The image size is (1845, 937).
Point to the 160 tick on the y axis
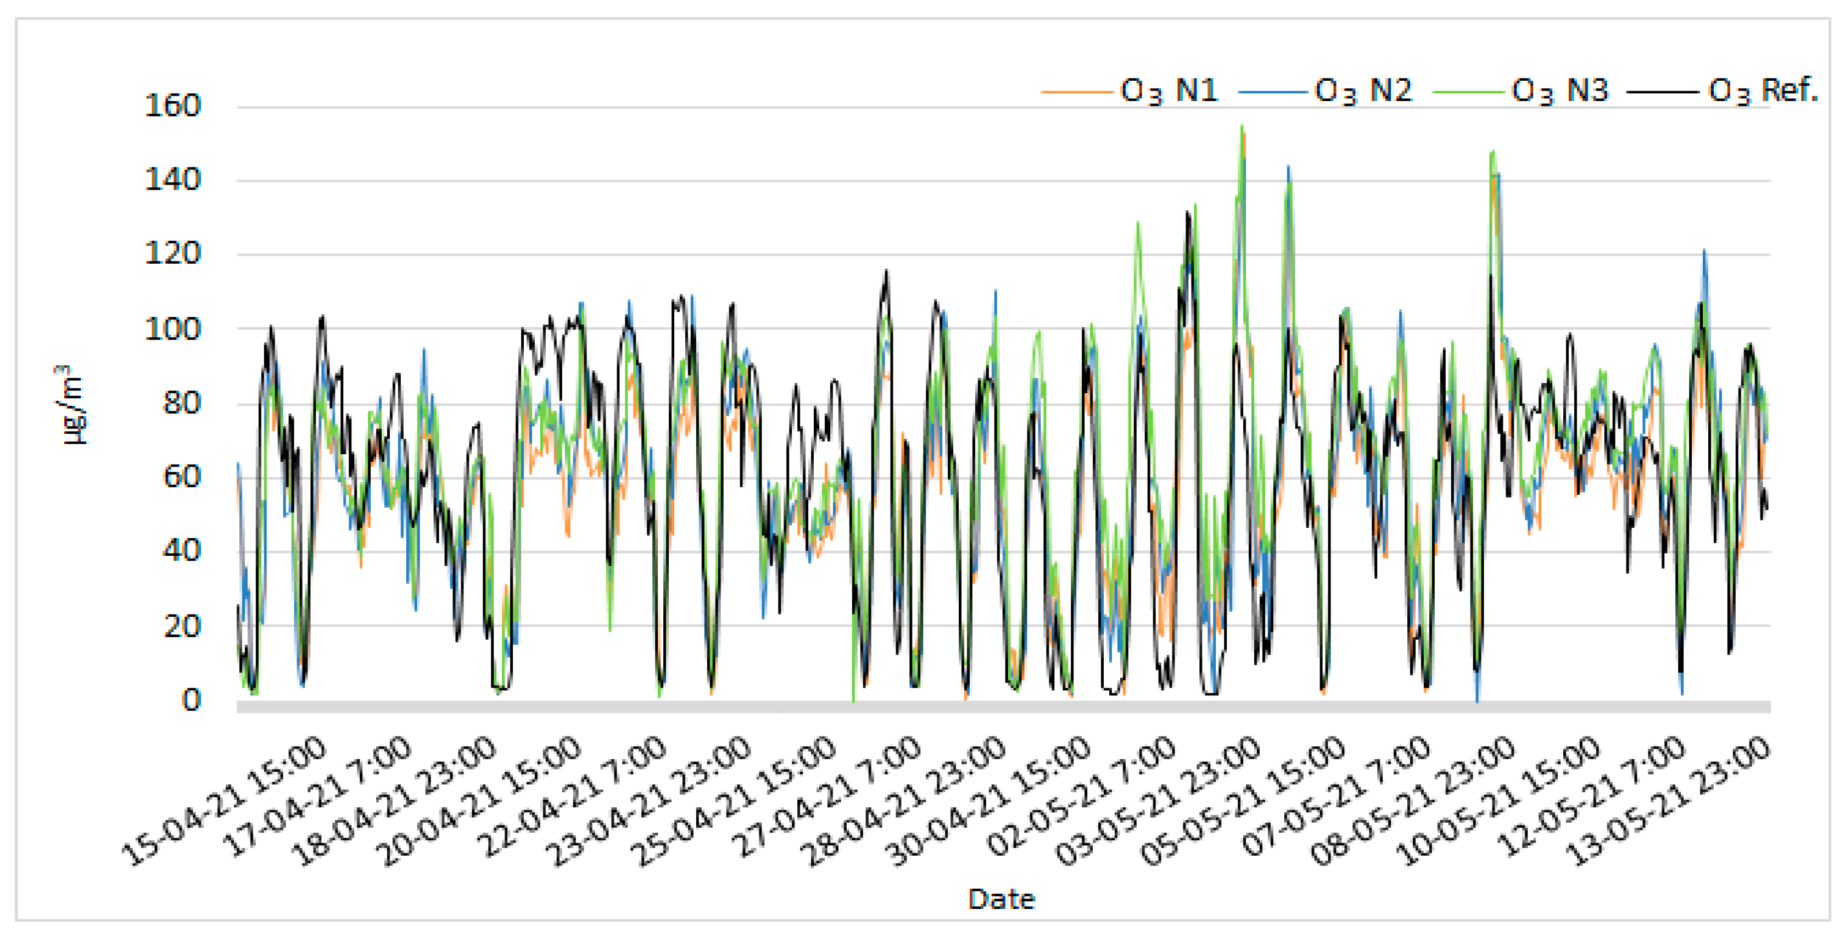pos(172,106)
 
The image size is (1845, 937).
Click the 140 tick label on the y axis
pos(172,179)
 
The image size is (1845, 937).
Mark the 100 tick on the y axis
pos(172,330)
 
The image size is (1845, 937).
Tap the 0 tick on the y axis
pos(191,700)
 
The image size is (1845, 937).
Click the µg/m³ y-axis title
pos(71,405)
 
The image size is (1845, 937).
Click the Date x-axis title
pos(1000,899)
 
